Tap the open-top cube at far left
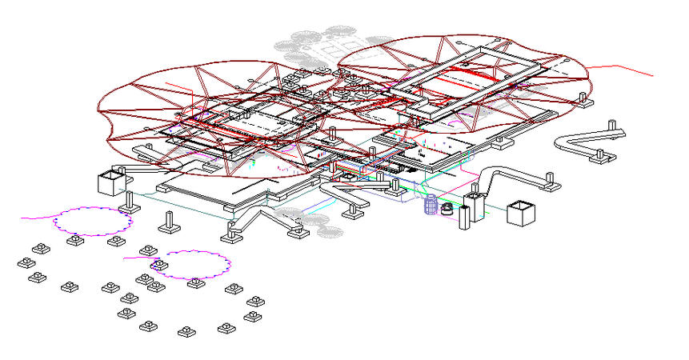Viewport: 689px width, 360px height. (109, 182)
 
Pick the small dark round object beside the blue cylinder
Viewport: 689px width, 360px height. (447, 209)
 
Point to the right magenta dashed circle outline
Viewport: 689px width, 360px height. (191, 265)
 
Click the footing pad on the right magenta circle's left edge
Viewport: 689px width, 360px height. (158, 264)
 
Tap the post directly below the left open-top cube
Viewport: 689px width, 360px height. (126, 202)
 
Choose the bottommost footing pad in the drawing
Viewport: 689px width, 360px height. (186, 330)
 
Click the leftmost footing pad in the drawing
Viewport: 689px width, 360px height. (22, 262)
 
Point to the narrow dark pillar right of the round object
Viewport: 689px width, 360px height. (463, 218)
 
